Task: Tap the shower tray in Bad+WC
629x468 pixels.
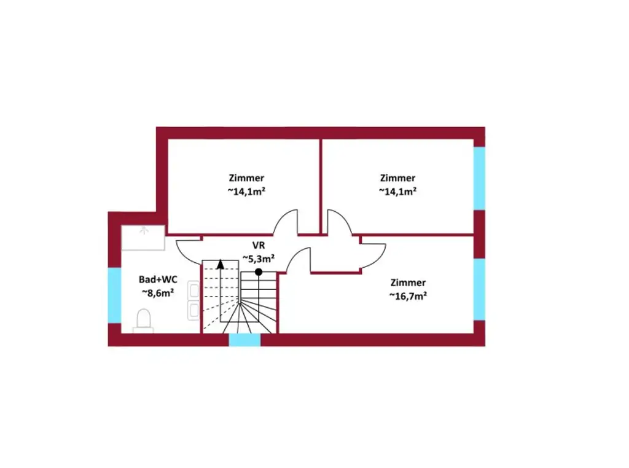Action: point(143,238)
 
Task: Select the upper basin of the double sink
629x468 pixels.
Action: point(193,290)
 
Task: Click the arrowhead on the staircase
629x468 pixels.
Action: point(221,265)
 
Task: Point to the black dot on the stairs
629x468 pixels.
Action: point(259,271)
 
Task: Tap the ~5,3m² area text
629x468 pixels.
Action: point(258,258)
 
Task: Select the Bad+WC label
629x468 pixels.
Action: point(158,279)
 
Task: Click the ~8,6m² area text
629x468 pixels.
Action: point(158,292)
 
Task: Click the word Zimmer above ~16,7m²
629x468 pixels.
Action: point(408,283)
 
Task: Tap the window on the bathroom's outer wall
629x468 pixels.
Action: point(114,295)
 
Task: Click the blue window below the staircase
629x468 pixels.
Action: point(244,340)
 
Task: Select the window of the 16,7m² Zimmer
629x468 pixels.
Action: point(479,289)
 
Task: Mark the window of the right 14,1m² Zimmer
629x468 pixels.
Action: point(479,178)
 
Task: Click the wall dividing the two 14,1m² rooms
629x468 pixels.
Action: point(321,184)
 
